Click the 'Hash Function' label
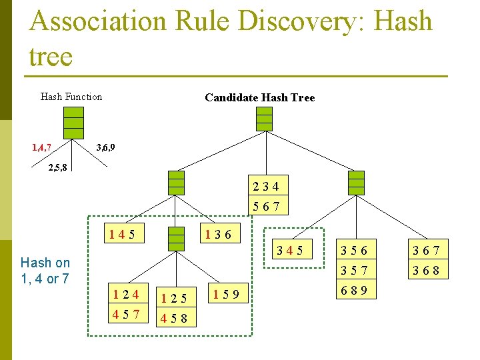(71, 97)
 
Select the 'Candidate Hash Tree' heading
(259, 98)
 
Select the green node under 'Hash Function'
(73, 122)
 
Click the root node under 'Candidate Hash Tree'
(265, 119)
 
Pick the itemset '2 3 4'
(266, 186)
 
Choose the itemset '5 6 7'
(266, 207)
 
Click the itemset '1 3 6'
(219, 234)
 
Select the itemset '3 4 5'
(290, 251)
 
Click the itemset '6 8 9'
(354, 291)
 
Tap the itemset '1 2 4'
(126, 293)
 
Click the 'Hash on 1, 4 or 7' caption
(45, 270)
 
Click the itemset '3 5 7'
(354, 271)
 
